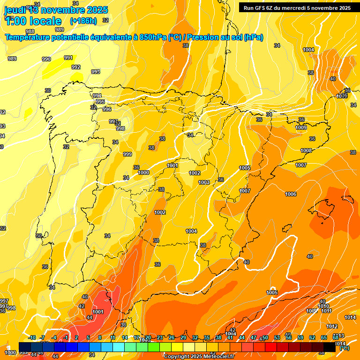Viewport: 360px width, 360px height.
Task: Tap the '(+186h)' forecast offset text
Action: point(83,21)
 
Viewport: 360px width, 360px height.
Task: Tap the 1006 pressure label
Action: point(291,194)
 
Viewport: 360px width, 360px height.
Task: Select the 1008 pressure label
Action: point(306,150)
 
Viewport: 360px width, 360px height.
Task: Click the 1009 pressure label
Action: point(301,127)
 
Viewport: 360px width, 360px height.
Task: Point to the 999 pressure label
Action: point(127,154)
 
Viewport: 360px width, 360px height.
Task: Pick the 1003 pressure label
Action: point(204,182)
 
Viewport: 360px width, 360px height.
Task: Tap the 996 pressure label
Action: point(107,109)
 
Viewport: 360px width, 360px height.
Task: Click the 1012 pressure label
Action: point(332,326)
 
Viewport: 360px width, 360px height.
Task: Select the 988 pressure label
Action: point(30,31)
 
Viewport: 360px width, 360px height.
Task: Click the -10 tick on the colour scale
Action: point(32,337)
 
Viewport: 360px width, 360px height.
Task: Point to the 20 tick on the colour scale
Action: point(148,337)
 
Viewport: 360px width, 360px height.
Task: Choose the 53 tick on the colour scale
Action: point(277,337)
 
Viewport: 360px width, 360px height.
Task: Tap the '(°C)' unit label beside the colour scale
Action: point(344,347)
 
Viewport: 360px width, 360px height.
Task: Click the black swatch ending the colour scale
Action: point(330,347)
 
